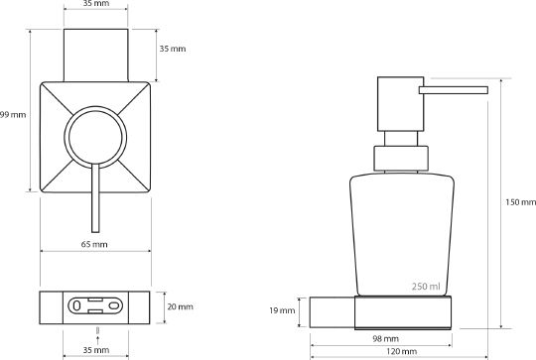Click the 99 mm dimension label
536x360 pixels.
tap(13, 115)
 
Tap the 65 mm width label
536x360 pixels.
tap(94, 244)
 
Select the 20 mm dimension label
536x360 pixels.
tap(180, 306)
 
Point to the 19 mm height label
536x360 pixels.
tap(282, 310)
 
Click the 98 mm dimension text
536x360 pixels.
tap(385, 339)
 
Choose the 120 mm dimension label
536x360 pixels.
tap(402, 351)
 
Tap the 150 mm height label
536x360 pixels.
tap(521, 202)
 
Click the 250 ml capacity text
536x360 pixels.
tap(426, 287)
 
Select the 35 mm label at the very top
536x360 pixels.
tap(96, 4)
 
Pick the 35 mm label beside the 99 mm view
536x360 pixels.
tap(173, 49)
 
